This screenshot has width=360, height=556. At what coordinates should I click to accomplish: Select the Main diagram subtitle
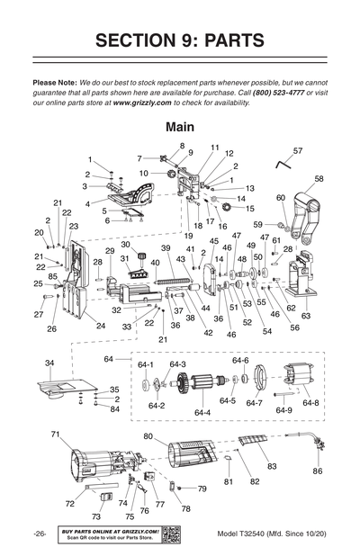coord(180,129)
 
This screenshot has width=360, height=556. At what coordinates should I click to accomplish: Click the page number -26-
coord(40,534)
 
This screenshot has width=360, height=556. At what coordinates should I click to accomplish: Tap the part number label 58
coord(319,179)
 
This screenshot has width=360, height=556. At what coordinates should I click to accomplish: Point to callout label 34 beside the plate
coord(49,363)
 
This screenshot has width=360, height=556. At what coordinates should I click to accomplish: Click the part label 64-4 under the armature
coord(202,412)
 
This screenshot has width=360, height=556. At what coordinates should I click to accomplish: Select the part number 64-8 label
coord(310,402)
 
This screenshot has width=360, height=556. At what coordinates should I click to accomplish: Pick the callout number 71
coord(55,435)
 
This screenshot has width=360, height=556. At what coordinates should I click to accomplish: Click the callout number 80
coord(148,437)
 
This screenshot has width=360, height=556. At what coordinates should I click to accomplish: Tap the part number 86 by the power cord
coord(317,471)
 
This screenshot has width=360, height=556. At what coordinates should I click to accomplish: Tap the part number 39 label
coord(166,247)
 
